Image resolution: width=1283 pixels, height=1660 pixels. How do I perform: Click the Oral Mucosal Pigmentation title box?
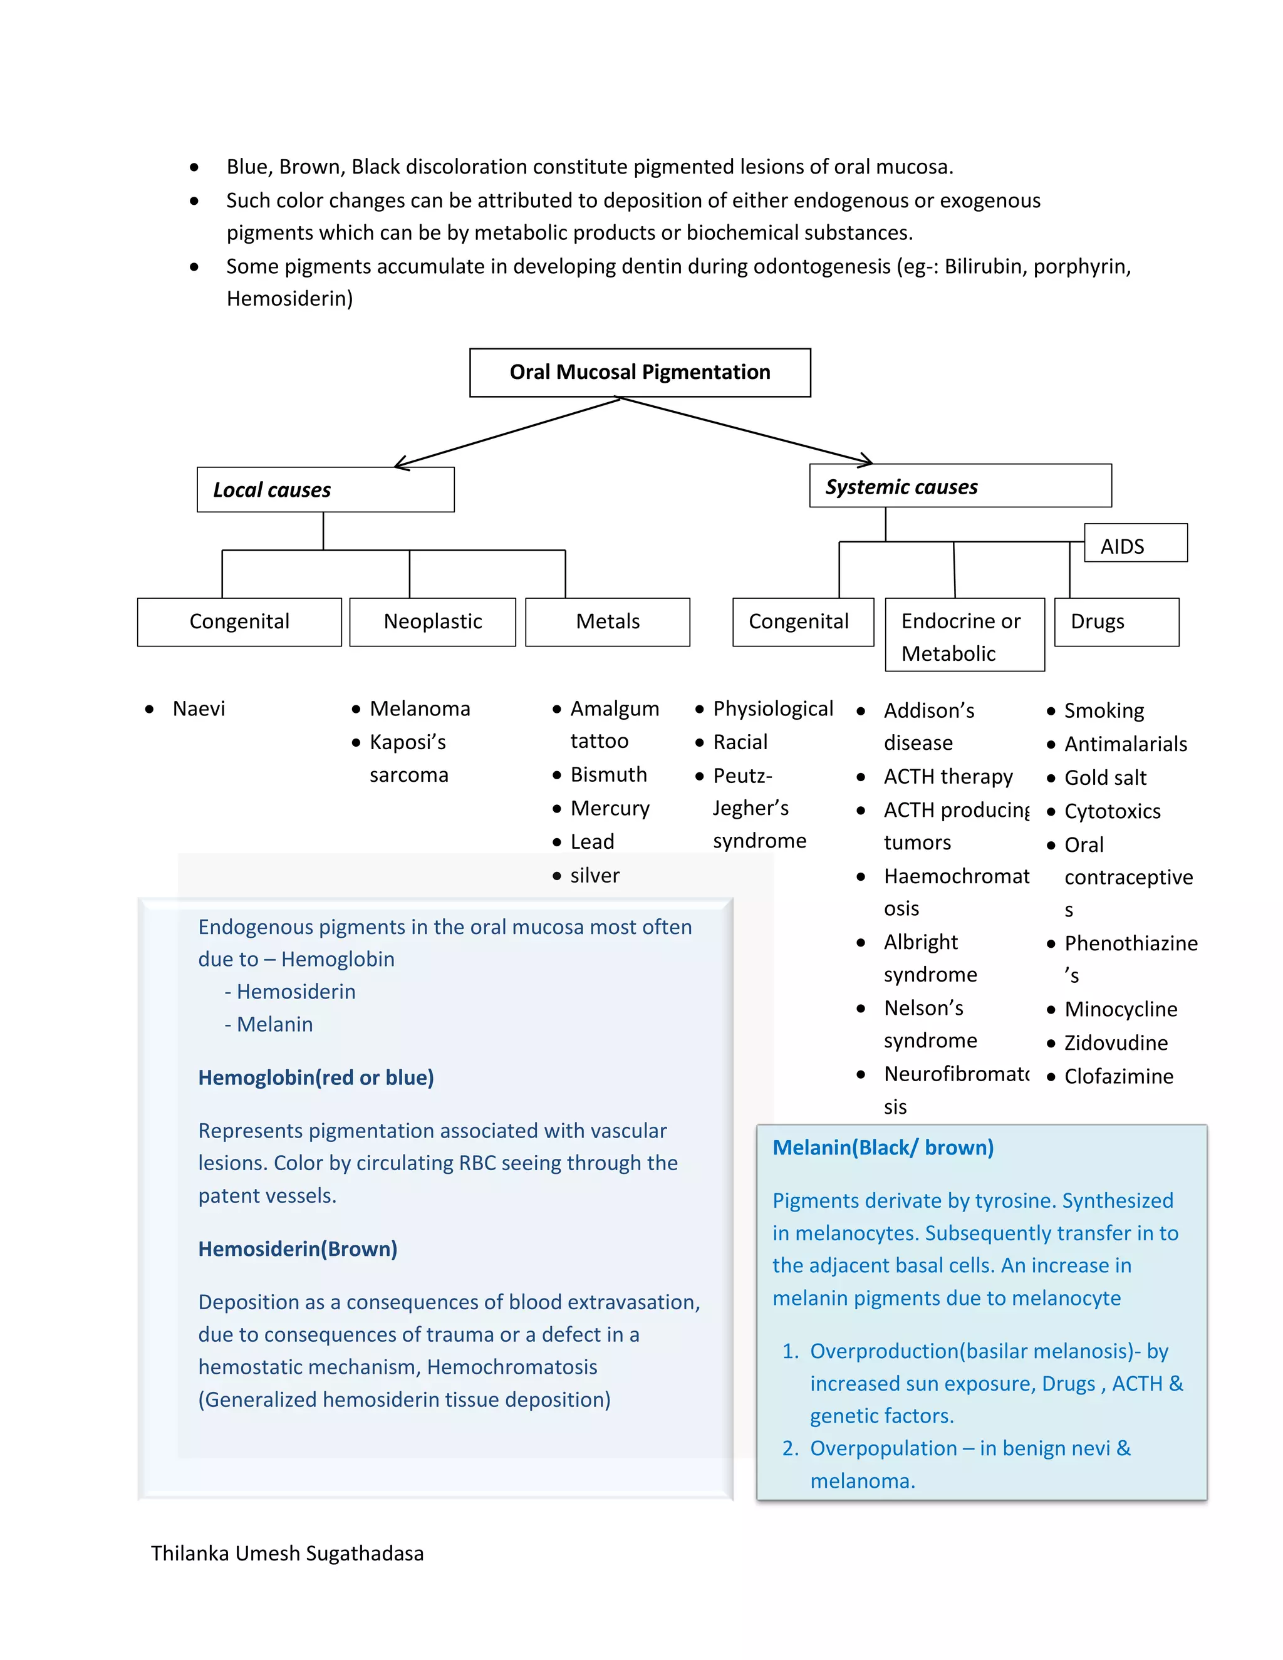[x=640, y=373]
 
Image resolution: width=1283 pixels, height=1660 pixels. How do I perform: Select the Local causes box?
[x=325, y=489]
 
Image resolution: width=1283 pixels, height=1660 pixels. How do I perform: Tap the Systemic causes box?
[x=960, y=485]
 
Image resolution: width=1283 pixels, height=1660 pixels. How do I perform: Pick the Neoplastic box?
[x=432, y=622]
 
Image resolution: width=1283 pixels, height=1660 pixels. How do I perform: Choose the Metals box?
[x=607, y=622]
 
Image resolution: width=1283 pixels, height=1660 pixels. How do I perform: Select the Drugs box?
[x=1116, y=622]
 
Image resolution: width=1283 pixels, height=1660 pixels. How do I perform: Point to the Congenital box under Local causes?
[x=239, y=622]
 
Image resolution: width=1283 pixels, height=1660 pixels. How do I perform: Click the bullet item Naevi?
[x=199, y=708]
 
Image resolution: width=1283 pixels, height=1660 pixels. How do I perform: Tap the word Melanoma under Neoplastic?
[x=420, y=708]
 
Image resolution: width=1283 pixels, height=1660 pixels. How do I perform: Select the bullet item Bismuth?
[x=608, y=774]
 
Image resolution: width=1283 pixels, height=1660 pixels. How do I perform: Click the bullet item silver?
[x=595, y=876]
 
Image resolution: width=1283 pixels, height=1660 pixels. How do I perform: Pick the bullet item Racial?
[x=740, y=742]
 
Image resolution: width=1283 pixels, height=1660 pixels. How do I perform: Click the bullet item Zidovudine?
[x=1115, y=1043]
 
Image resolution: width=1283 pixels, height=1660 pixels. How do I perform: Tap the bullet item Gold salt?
[x=1104, y=777]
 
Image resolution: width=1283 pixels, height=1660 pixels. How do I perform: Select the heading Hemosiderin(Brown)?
[x=297, y=1249]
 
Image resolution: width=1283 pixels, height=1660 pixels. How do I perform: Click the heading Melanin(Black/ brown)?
[x=883, y=1148]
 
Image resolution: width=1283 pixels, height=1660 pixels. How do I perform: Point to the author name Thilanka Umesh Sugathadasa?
[x=288, y=1554]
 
